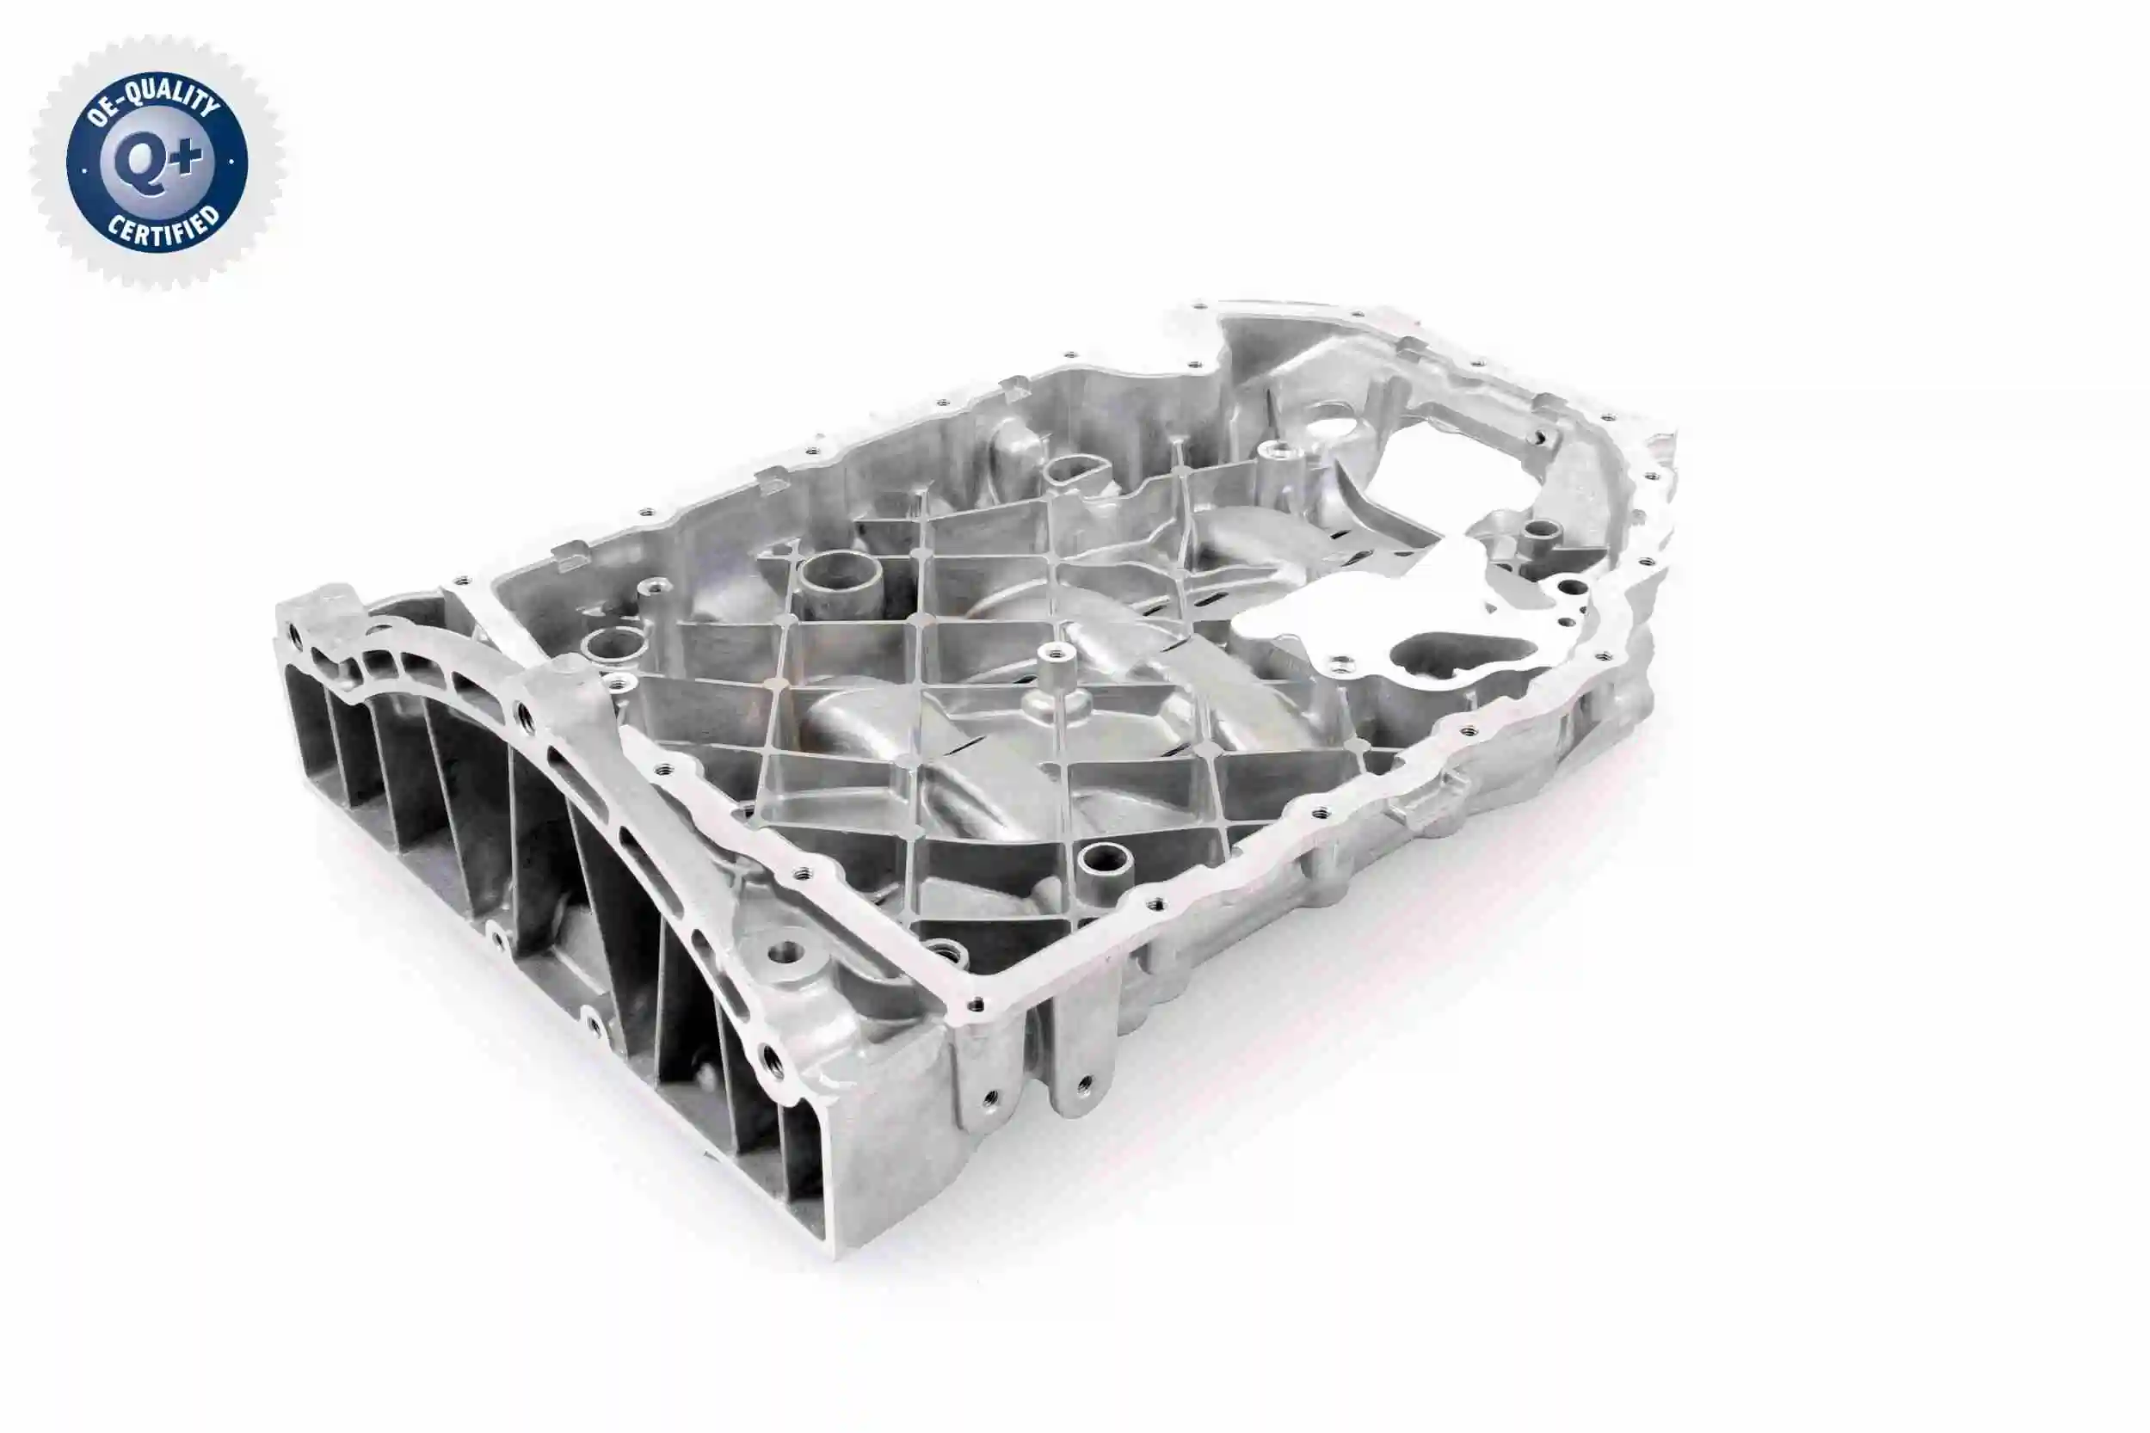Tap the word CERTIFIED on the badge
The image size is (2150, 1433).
(163, 228)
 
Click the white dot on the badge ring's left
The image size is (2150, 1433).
(84, 170)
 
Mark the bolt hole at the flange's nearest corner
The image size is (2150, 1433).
(977, 1005)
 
